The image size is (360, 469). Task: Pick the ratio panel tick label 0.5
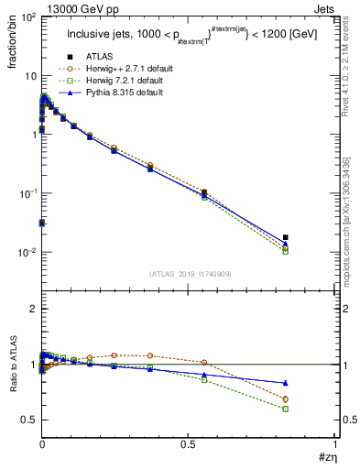coord(28,420)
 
